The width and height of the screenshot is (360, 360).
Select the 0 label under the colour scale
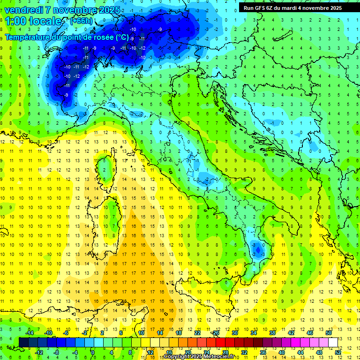click(93, 352)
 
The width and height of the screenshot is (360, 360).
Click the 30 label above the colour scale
click(235, 332)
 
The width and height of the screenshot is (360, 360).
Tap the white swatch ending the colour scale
click(333, 342)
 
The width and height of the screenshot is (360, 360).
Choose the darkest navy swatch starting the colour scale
click(23, 342)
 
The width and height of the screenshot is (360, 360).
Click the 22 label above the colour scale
click(197, 332)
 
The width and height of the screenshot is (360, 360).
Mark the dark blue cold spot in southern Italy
click(256, 247)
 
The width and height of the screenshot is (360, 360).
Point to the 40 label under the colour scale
click(281, 352)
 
